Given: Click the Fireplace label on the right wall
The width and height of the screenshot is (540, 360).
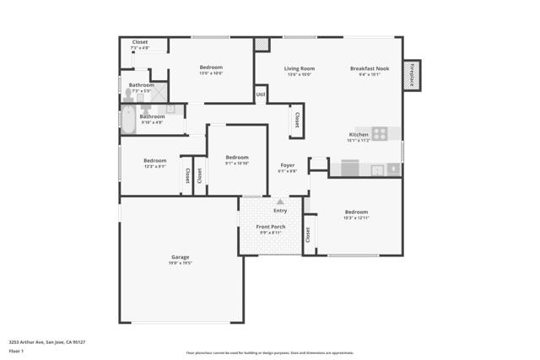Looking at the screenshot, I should pyautogui.click(x=413, y=75).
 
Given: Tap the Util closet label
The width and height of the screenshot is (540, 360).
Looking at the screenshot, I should pyautogui.click(x=261, y=94).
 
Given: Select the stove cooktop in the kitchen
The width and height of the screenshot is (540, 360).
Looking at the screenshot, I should pyautogui.click(x=380, y=133).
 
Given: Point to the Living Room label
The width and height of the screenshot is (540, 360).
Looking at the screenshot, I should pyautogui.click(x=299, y=68).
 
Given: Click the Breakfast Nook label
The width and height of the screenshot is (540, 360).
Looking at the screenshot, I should pyautogui.click(x=370, y=68).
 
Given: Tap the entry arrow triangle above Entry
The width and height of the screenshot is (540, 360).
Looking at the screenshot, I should pyautogui.click(x=280, y=201).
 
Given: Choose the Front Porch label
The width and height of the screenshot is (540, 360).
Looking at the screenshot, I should pyautogui.click(x=271, y=227).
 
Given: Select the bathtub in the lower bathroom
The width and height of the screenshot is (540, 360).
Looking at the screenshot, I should pyautogui.click(x=128, y=121).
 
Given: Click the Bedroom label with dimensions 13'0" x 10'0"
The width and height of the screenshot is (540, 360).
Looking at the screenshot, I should pyautogui.click(x=211, y=67).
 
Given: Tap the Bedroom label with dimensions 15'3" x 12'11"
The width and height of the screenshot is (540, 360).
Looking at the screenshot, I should pyautogui.click(x=356, y=212).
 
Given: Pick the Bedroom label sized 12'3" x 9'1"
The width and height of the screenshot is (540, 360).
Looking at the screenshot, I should pyautogui.click(x=154, y=161).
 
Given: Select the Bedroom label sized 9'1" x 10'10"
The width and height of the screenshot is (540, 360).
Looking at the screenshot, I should pyautogui.click(x=236, y=158).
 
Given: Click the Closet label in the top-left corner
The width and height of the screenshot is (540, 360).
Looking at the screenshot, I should pyautogui.click(x=140, y=42).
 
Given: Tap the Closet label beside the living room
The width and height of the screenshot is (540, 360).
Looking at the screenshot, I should pyautogui.click(x=297, y=121).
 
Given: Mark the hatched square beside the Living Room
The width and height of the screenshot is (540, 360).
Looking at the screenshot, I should pyautogui.click(x=262, y=44).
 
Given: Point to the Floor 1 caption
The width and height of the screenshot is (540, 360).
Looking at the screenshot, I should pyautogui.click(x=16, y=350).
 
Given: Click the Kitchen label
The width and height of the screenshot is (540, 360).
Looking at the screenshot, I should pyautogui.click(x=359, y=135).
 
